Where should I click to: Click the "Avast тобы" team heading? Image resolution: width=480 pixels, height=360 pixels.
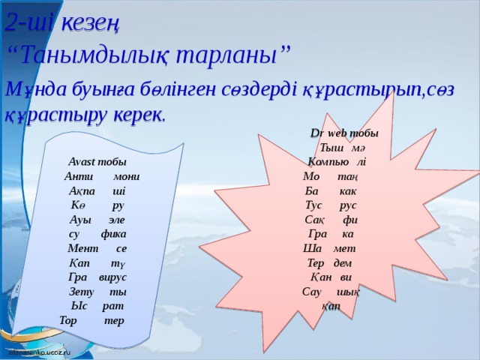click(x=97, y=162)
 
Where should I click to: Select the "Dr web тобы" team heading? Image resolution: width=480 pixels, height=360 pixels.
click(x=344, y=133)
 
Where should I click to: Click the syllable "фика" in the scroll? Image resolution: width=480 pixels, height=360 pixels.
click(x=113, y=234)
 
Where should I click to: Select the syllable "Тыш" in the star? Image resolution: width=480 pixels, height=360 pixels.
click(x=331, y=148)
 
